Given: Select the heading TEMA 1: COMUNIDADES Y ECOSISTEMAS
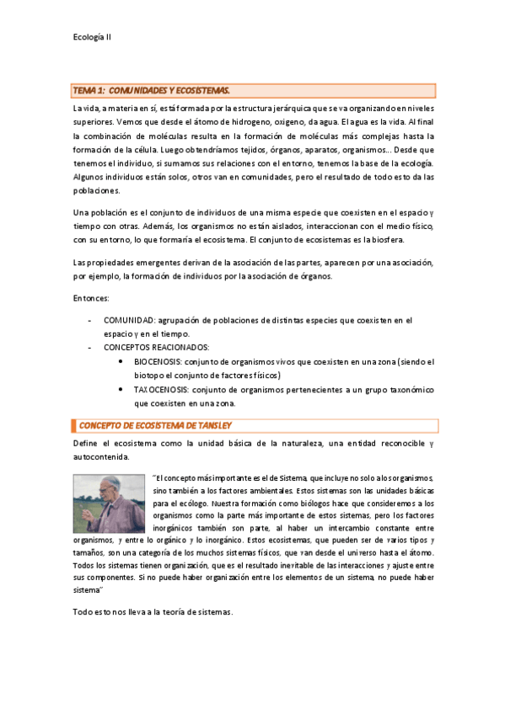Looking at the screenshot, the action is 152,90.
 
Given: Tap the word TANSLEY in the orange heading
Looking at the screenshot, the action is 211,425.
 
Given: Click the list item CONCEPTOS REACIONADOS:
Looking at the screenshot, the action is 156,347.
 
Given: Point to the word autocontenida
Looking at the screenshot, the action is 101,456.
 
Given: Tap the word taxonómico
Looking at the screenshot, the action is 408,390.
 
